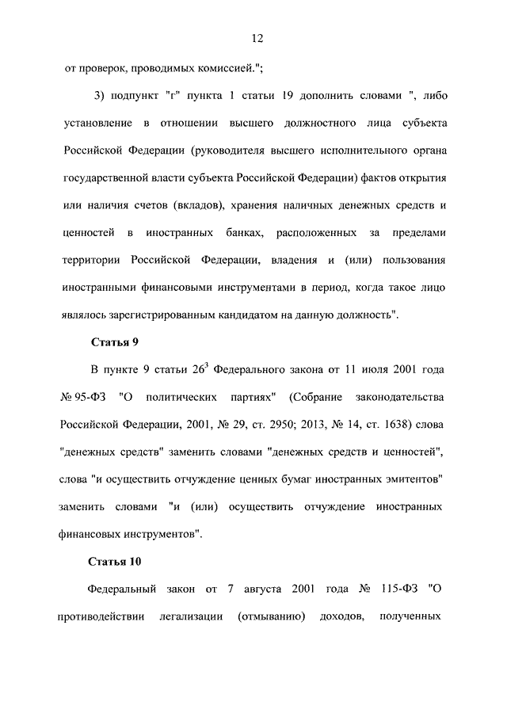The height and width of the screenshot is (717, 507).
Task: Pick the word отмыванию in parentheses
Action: (x=272, y=616)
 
